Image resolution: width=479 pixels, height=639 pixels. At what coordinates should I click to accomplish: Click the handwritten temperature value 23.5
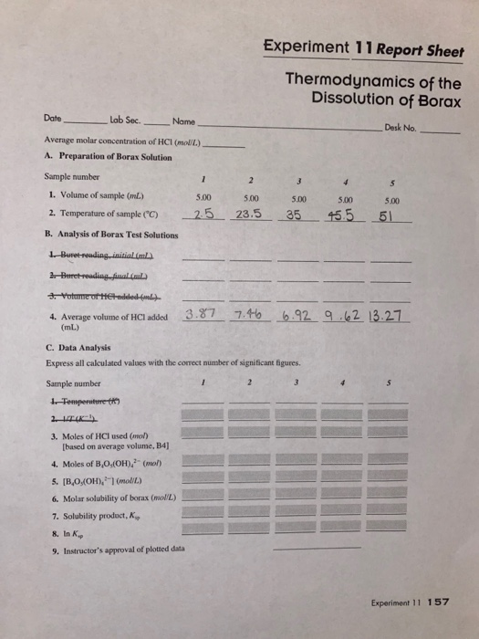(245, 215)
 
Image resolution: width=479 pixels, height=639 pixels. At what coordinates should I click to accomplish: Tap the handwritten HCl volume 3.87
(201, 316)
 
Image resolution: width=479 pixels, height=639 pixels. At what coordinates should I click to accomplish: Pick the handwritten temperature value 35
(293, 215)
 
